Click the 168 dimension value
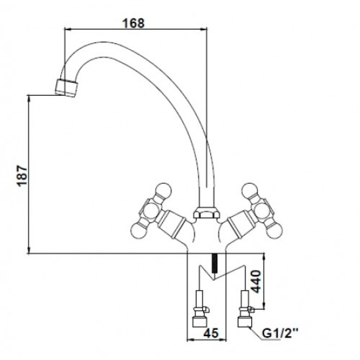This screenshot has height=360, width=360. tap(133, 23)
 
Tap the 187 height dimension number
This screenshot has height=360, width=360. tap(22, 175)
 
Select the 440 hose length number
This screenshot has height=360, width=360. tap(256, 282)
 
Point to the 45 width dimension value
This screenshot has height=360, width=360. tap(211, 333)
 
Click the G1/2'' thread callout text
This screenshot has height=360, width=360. tap(280, 333)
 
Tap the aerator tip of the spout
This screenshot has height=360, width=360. tap(66, 88)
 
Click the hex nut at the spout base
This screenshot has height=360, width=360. tap(205, 212)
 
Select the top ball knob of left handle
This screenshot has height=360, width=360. tap(164, 190)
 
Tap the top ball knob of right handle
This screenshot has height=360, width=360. tap(249, 190)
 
